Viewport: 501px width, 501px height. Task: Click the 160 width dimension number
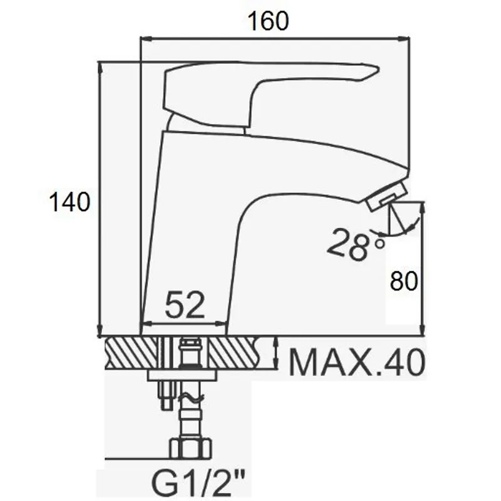[268, 21]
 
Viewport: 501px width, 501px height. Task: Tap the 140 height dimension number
[70, 202]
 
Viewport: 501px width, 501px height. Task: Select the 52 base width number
[185, 305]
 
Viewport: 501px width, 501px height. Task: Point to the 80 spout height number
[404, 281]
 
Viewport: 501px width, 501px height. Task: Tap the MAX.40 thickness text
[357, 363]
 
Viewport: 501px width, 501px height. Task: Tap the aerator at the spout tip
[386, 195]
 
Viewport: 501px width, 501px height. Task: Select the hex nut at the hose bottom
[190, 448]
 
